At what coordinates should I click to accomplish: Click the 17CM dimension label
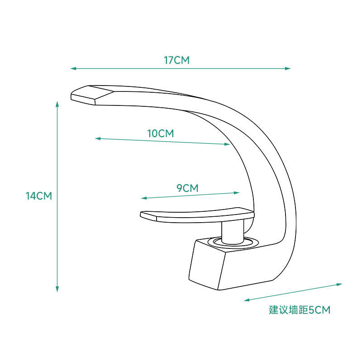176,60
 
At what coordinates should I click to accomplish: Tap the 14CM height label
39,196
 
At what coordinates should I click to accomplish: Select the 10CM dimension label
161,133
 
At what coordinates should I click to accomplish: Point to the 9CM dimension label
187,188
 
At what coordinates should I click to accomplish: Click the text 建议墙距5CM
300,310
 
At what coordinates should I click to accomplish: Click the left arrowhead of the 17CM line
73,68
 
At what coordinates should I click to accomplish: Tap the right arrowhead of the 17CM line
288,68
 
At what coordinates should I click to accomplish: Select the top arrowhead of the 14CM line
57,104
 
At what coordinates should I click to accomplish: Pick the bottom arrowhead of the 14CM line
57,289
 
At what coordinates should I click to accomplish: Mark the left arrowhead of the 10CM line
98,138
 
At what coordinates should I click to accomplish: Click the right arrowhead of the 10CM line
227,144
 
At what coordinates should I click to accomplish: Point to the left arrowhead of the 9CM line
144,198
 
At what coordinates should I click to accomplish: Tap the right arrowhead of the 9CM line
237,193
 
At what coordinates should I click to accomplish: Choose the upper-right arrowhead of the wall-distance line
339,284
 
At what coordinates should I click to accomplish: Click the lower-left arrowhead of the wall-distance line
247,300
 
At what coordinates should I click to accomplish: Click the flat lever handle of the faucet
197,215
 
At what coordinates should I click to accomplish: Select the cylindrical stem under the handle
233,232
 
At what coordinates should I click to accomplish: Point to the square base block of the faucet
207,266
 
